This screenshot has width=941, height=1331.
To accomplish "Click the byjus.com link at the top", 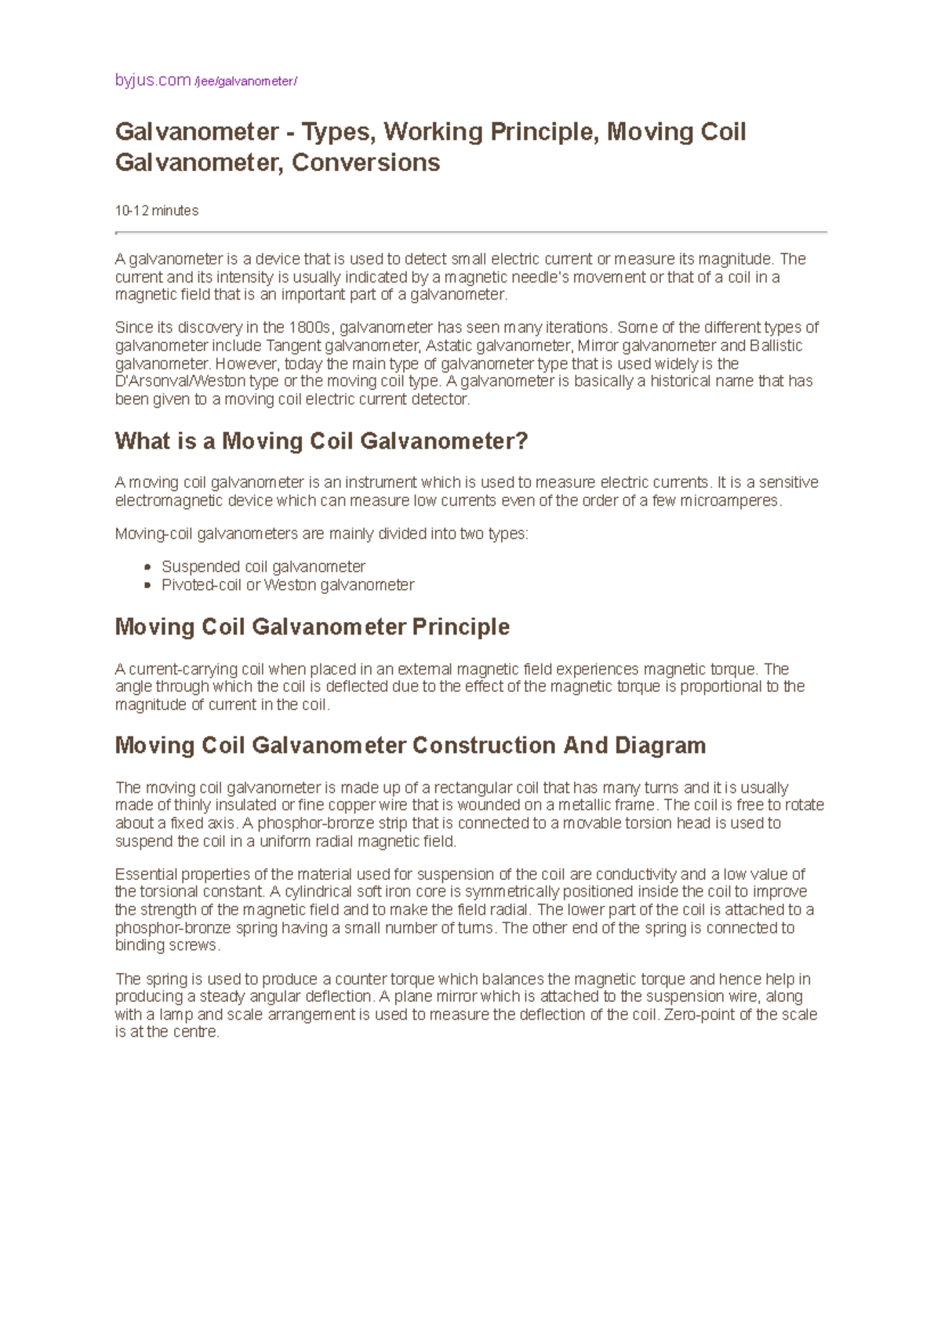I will (152, 80).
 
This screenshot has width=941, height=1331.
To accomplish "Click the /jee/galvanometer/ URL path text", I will (246, 82).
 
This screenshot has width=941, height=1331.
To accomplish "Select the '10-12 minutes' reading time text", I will (156, 210).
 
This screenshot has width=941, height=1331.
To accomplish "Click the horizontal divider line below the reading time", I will (470, 232).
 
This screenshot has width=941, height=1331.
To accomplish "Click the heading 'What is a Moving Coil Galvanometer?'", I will (322, 441).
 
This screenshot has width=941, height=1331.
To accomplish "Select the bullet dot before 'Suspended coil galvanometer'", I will (147, 567).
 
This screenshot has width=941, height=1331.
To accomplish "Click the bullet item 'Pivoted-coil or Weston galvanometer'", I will (287, 585).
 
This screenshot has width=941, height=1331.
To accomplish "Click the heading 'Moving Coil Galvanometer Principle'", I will (312, 627).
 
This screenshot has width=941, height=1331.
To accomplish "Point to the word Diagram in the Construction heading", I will (659, 745).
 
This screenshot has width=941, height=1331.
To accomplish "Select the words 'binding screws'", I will (166, 946).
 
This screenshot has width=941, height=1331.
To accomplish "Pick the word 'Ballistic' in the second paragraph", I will (776, 346).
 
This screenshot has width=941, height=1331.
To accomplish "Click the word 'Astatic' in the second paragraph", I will (448, 346).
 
